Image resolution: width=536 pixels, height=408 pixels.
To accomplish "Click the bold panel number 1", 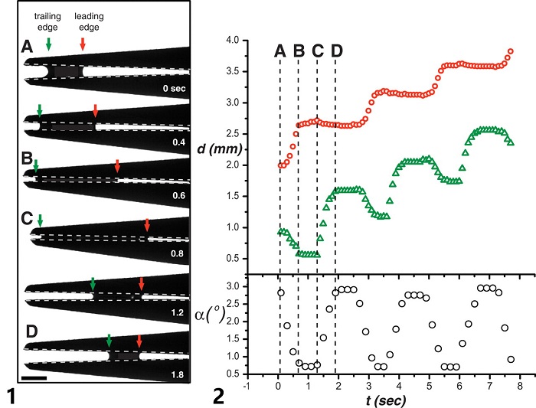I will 10,395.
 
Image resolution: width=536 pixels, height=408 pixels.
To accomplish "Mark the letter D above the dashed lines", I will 335,51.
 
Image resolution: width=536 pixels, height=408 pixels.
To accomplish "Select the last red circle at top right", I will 510,52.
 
